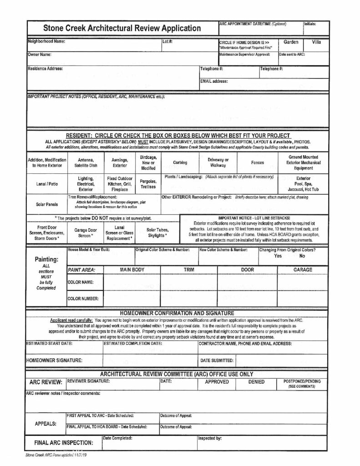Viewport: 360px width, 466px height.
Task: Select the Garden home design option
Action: [291, 42]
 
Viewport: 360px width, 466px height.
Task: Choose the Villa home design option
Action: [316, 42]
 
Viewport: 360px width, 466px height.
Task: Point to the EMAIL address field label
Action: [214, 82]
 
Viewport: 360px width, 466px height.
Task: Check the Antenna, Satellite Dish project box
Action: [86, 163]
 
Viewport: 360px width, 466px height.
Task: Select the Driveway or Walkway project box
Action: [218, 163]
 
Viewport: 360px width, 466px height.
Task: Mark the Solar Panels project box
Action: [46, 204]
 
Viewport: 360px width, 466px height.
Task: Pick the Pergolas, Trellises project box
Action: [148, 184]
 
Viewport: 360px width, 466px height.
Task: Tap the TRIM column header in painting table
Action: [189, 270]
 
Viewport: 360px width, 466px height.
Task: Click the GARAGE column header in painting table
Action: [303, 270]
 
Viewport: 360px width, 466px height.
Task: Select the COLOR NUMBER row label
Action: [83, 299]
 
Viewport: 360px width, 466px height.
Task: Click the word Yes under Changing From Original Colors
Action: [279, 256]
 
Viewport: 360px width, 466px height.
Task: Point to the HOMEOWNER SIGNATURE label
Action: [54, 360]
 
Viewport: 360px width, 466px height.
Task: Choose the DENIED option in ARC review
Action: [256, 382]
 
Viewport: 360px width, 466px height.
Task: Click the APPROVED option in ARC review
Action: [217, 382]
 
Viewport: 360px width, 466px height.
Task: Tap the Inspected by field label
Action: [210, 438]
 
